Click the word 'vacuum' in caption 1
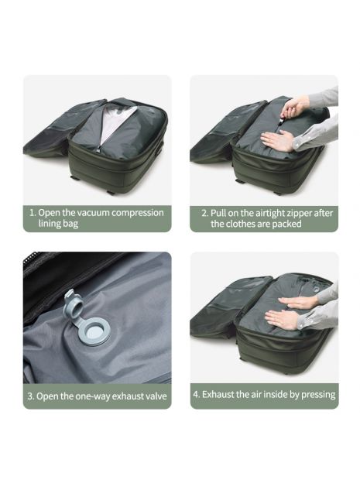(x=93, y=212)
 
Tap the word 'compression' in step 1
(x=138, y=213)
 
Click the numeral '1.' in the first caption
(x=33, y=212)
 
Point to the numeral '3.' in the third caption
(x=31, y=396)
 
